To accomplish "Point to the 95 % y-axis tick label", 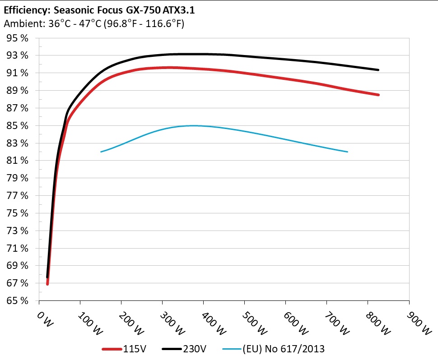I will [x=17, y=38].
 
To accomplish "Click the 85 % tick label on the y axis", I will [x=17, y=125].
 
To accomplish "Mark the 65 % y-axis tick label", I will [x=17, y=300].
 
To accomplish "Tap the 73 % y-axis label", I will [x=17, y=231].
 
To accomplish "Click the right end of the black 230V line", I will [x=378, y=70].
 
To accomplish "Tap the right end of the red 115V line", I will [x=378, y=95].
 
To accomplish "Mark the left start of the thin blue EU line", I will [x=101, y=152].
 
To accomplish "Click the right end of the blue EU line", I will [x=347, y=152].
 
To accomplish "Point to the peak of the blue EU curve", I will [x=193, y=125].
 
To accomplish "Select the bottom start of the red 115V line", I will [x=47, y=284].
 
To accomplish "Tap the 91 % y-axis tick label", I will [x=17, y=73].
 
